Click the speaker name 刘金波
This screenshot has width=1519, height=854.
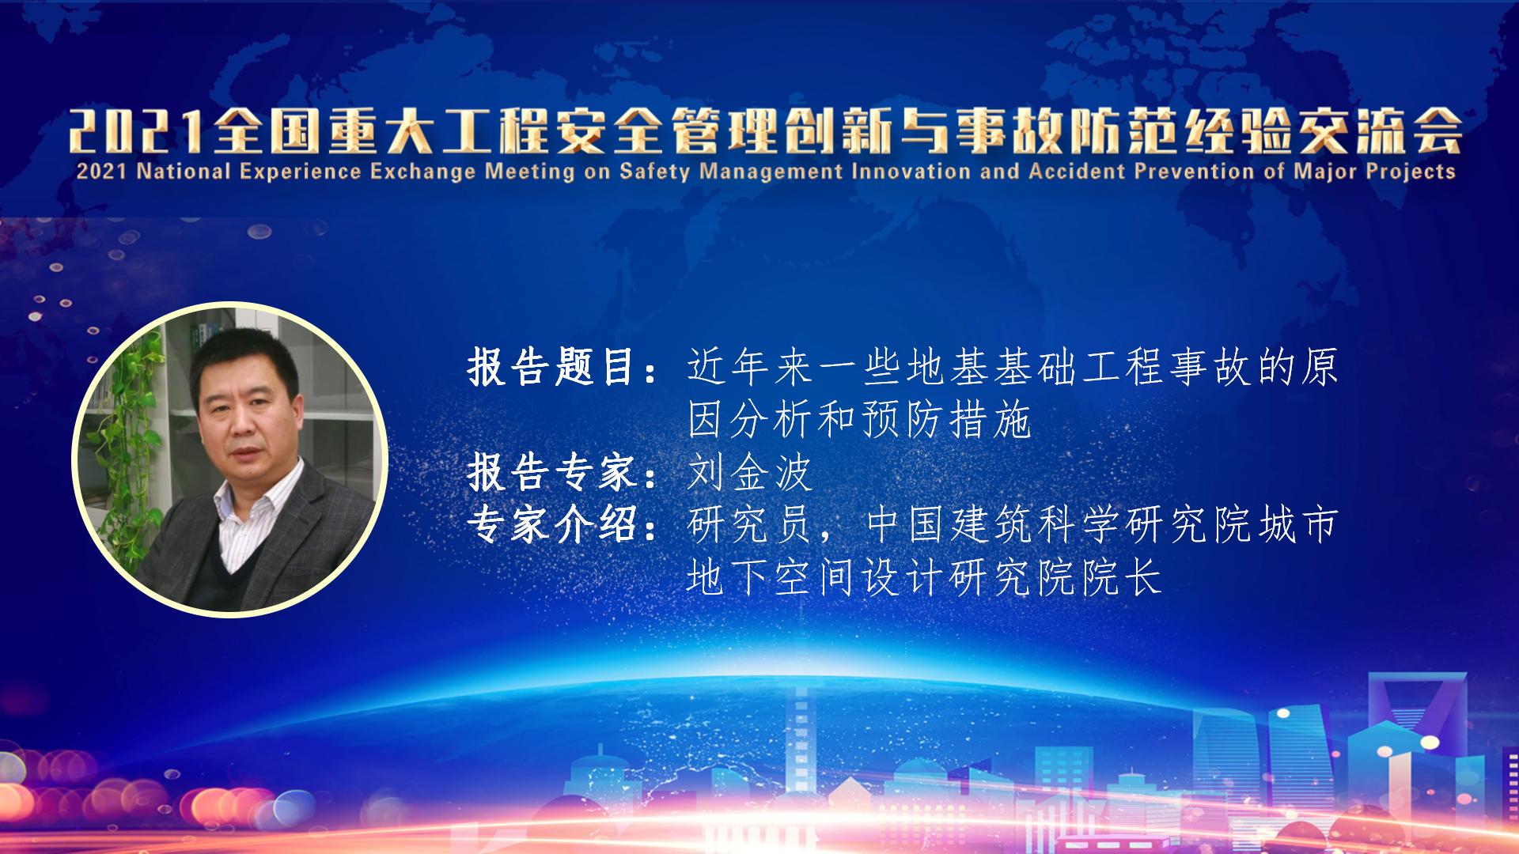[750, 473]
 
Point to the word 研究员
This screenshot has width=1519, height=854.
[750, 524]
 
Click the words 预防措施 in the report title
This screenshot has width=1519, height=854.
[946, 420]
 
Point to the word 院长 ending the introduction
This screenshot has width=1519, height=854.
[1122, 576]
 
